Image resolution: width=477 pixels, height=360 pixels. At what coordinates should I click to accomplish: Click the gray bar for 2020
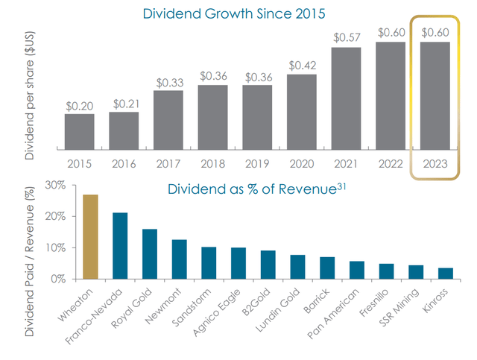click(301, 112)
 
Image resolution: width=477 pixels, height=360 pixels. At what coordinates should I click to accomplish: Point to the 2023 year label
click(435, 163)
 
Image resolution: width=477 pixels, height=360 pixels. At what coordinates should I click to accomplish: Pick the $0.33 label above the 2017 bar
click(168, 82)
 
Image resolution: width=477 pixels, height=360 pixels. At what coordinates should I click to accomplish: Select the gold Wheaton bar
click(90, 236)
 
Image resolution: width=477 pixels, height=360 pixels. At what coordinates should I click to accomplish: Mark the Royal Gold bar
click(149, 253)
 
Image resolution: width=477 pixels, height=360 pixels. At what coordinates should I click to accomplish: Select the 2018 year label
click(212, 163)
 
